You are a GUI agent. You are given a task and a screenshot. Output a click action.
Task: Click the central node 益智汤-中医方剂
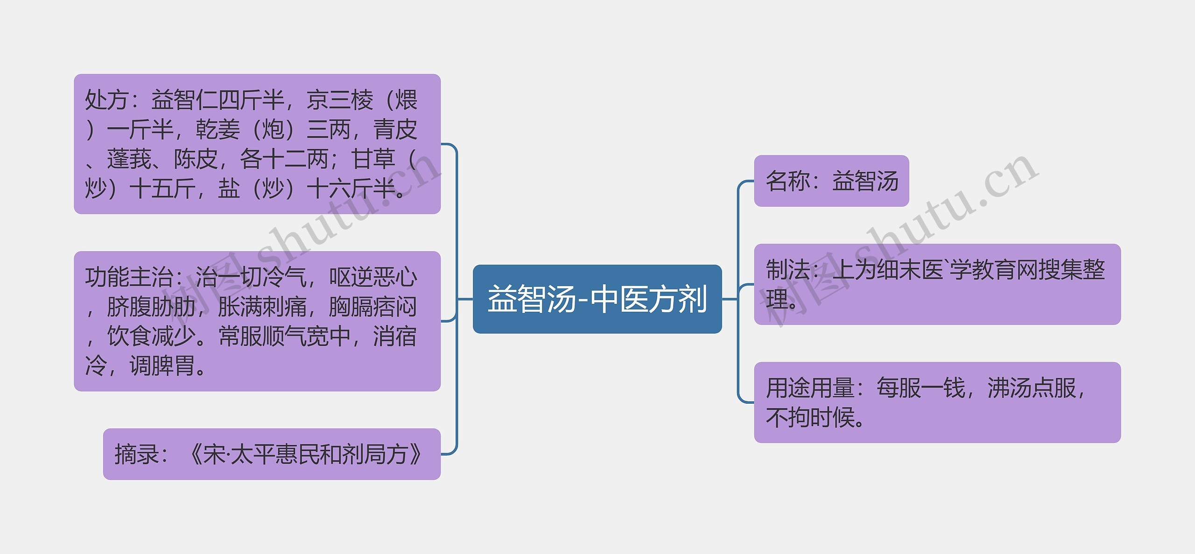pyautogui.click(x=597, y=299)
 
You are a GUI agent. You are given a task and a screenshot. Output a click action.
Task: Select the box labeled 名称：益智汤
pyautogui.click(x=831, y=181)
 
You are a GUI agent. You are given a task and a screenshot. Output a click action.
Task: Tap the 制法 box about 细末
pyautogui.click(x=937, y=284)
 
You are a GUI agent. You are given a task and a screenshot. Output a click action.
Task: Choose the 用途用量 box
pyautogui.click(x=937, y=402)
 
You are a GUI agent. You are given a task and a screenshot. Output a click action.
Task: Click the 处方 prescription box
pyautogui.click(x=257, y=144)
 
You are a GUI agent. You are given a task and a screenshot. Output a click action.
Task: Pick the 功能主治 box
pyautogui.click(x=257, y=321)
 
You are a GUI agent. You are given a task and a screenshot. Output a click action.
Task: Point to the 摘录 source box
pyautogui.click(x=272, y=454)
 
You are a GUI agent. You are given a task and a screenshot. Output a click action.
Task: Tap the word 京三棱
pyautogui.click(x=340, y=100)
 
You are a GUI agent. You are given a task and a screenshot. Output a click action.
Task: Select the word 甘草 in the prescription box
pyautogui.click(x=373, y=159)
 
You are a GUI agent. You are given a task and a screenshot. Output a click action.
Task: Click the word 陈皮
pyautogui.click(x=196, y=159)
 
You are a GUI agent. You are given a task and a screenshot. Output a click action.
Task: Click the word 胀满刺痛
pyautogui.click(x=262, y=307)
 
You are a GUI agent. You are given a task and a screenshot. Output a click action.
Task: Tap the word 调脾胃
pyautogui.click(x=162, y=366)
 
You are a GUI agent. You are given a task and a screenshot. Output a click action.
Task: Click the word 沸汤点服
pyautogui.click(x=1032, y=388)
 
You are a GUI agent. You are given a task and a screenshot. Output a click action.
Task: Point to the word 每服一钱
pyautogui.click(x=921, y=388)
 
